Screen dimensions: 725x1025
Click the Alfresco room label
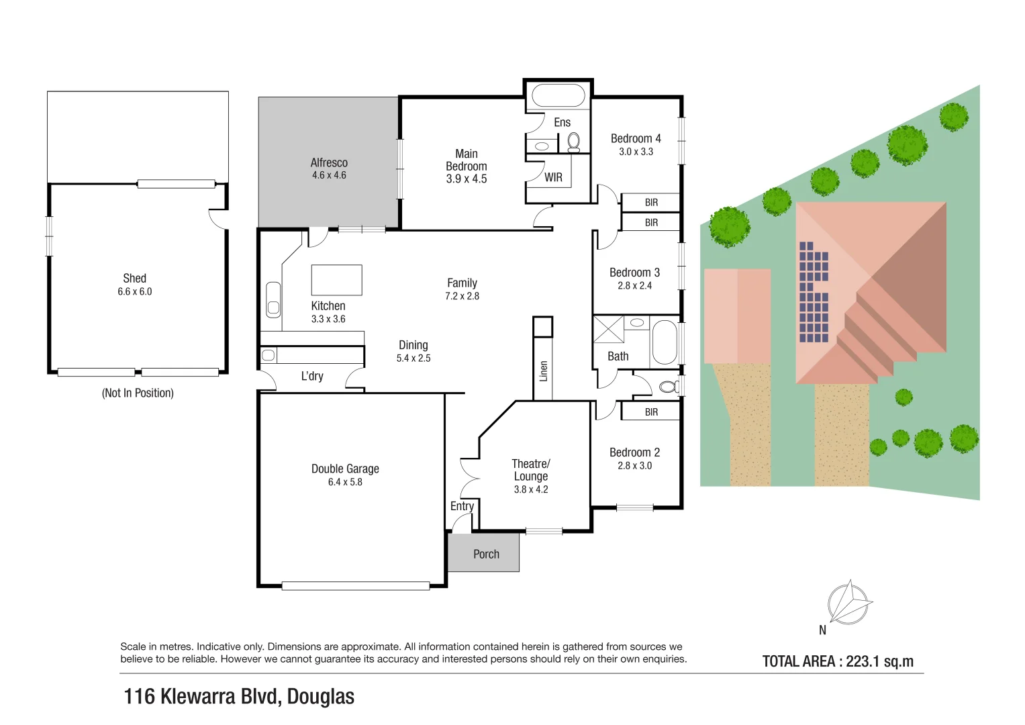tap(329, 162)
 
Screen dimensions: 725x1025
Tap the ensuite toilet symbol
tap(573, 142)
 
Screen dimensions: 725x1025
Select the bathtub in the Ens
tap(557, 96)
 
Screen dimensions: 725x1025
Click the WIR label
tap(553, 177)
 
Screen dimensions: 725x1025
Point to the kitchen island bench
tap(336, 280)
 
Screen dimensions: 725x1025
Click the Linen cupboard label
tap(544, 371)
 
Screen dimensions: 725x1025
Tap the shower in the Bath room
tap(608, 329)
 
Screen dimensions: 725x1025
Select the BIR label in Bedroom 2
tap(651, 412)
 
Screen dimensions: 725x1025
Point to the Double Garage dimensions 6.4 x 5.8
tap(345, 482)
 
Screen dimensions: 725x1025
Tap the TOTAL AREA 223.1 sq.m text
tap(838, 661)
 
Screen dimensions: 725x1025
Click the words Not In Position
tap(138, 393)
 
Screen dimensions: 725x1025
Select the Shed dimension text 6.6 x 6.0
tap(135, 291)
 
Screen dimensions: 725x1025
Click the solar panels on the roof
tap(814, 292)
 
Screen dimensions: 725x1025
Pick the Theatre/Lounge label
tap(530, 470)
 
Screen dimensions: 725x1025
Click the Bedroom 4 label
tap(635, 138)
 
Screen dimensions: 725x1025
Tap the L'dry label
tap(312, 376)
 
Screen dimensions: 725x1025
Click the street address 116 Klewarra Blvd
tap(239, 696)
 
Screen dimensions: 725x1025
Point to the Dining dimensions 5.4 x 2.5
tap(413, 358)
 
